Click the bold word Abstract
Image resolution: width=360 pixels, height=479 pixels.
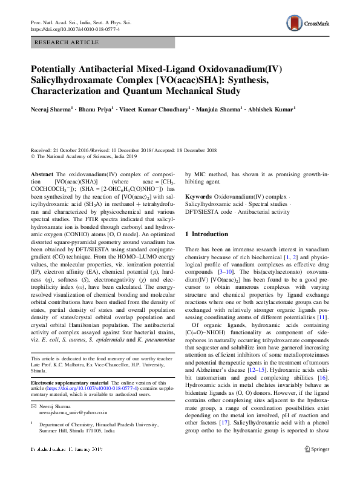[x=42, y=174]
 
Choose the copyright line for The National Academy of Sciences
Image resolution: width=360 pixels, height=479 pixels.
[x=80, y=155]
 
